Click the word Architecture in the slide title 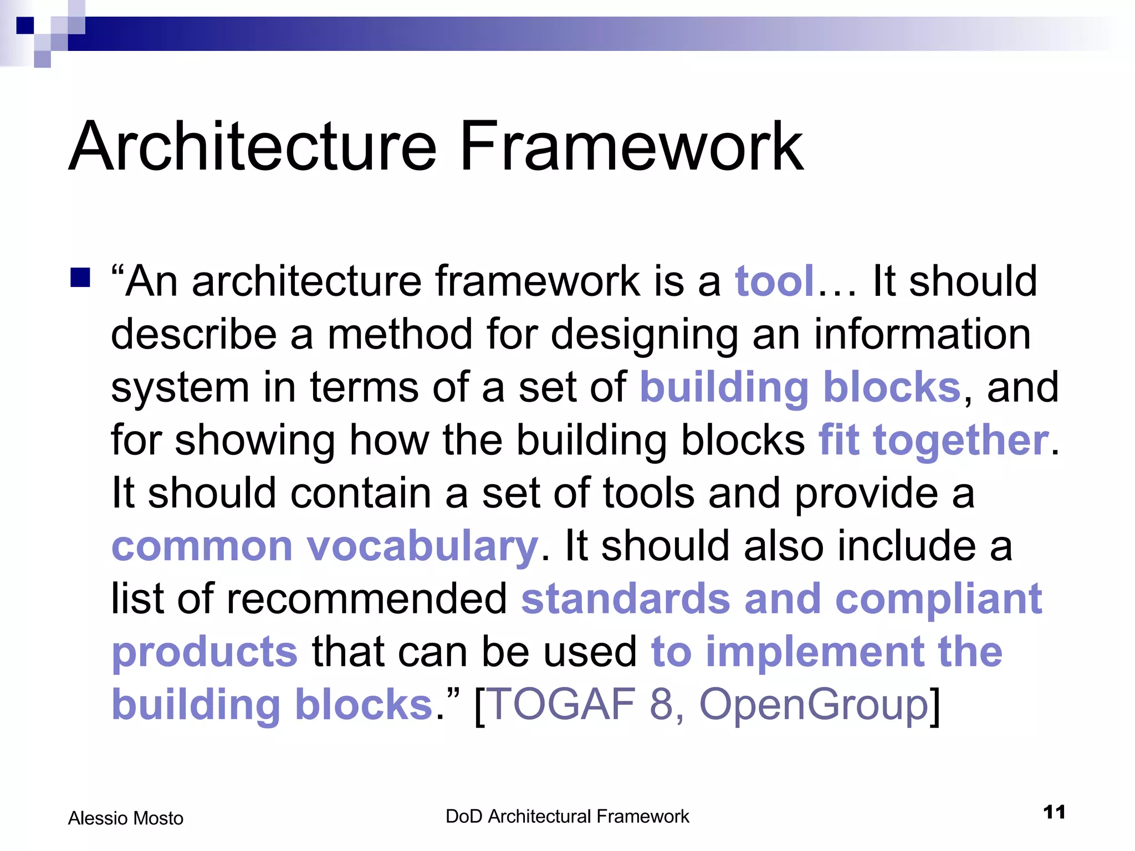(253, 147)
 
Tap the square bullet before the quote (80, 278)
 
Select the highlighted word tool (774, 281)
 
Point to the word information (922, 334)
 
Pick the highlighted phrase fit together (933, 440)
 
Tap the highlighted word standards (626, 599)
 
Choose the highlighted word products (204, 653)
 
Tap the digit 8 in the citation (660, 704)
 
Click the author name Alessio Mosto (125, 818)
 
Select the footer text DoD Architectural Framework (567, 817)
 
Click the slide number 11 (1054, 812)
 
